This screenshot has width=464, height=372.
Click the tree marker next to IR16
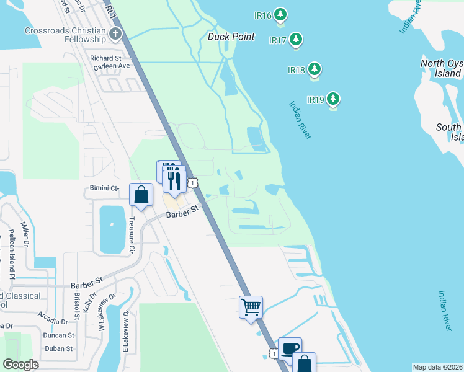(x=281, y=14)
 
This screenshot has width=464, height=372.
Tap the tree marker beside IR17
(x=296, y=40)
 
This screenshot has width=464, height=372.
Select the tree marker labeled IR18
(x=315, y=69)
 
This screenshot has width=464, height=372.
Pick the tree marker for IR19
(x=334, y=99)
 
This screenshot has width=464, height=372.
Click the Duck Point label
(x=231, y=37)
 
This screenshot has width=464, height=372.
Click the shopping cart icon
(x=251, y=306)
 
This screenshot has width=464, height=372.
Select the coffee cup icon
(x=290, y=348)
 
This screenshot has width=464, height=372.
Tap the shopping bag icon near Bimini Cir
(x=141, y=194)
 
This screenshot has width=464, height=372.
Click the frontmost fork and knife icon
(x=174, y=180)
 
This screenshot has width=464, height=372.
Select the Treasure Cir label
(x=132, y=230)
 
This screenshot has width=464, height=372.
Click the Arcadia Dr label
(x=53, y=322)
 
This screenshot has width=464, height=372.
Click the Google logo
(x=20, y=365)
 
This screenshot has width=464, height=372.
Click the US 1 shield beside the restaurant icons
(x=194, y=182)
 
